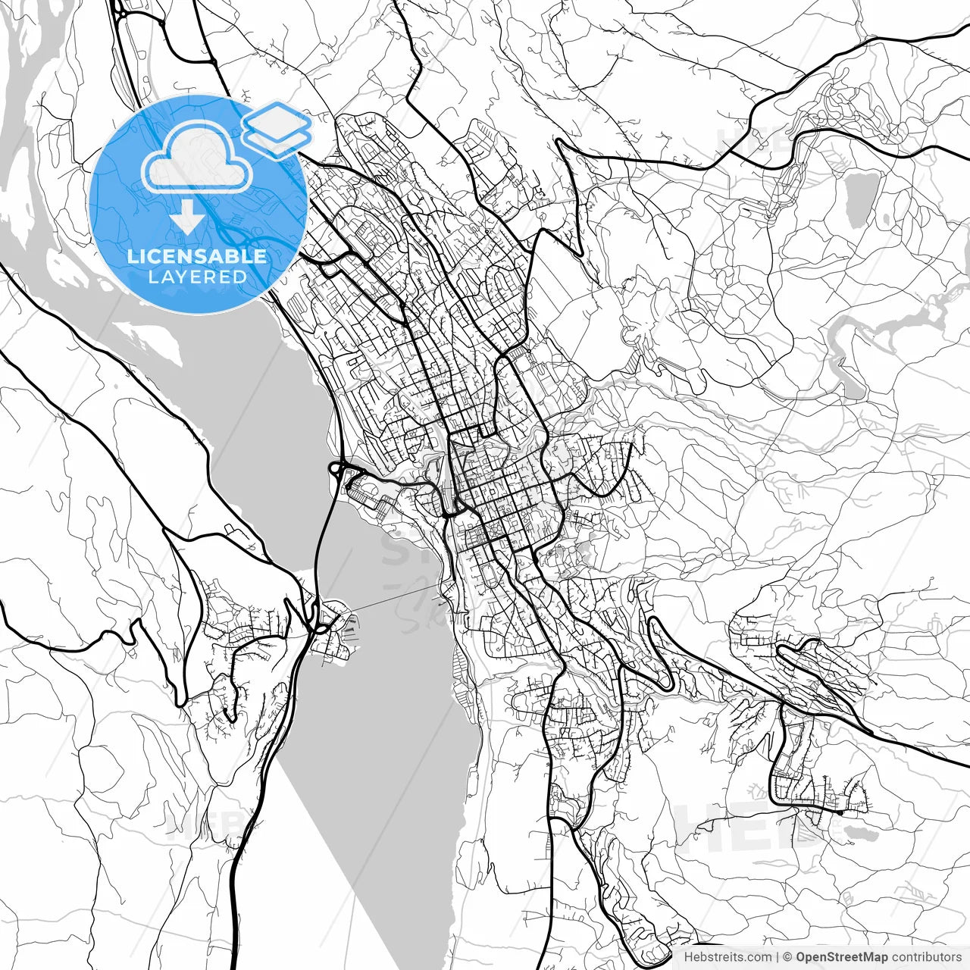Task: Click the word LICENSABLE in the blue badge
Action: tap(197, 256)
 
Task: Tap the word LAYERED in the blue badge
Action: tap(197, 277)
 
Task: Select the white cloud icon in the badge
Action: tap(198, 156)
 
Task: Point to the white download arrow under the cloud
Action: tap(186, 217)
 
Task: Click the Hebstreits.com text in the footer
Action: tap(727, 957)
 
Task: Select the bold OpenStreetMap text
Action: tap(841, 957)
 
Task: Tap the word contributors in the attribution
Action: tap(926, 957)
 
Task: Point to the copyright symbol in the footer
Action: tap(787, 957)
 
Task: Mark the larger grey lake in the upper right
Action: tap(859, 199)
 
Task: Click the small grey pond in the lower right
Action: tap(860, 833)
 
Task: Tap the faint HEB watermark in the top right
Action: tap(750, 140)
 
